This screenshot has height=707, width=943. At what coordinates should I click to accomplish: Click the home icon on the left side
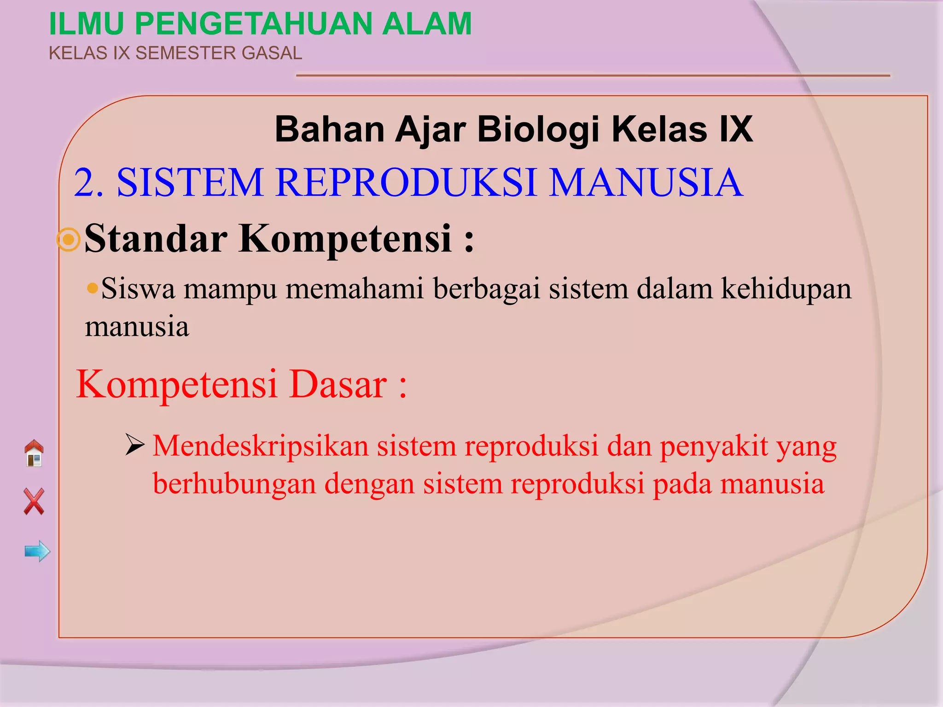click(x=34, y=453)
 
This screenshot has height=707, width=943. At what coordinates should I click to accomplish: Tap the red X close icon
click(x=34, y=501)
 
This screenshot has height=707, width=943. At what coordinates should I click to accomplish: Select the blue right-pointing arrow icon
click(x=37, y=551)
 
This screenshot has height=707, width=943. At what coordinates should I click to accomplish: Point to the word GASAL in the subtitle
click(x=272, y=53)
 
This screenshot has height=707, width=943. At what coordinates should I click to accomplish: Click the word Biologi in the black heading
click(x=538, y=129)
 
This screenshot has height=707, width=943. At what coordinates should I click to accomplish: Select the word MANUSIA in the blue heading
click(x=646, y=183)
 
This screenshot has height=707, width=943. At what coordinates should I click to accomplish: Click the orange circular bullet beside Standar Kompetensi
click(x=69, y=239)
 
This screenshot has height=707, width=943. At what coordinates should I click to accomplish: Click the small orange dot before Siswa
click(x=93, y=289)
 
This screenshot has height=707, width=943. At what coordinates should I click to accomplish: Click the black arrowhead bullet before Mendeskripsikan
click(x=135, y=445)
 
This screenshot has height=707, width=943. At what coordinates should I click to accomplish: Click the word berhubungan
click(x=234, y=485)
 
